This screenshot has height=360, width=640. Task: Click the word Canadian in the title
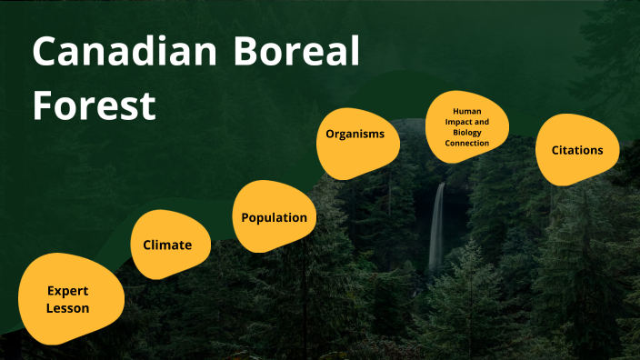(118, 54)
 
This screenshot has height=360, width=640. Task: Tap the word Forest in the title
(94, 105)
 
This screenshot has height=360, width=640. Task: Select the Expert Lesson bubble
(70, 299)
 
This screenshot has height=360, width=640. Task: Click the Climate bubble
(167, 245)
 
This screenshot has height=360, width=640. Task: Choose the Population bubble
(274, 217)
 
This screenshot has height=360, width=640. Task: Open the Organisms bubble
(356, 134)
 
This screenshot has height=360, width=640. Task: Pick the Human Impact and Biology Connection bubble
(471, 126)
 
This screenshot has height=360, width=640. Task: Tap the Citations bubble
(576, 149)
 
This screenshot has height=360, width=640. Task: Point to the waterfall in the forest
(437, 227)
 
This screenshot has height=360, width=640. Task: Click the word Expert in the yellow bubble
(69, 291)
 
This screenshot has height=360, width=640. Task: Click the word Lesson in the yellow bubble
(69, 308)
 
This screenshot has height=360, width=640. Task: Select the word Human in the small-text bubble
(471, 110)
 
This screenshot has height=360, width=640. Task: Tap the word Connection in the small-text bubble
(471, 143)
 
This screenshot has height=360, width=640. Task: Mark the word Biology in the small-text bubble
(471, 132)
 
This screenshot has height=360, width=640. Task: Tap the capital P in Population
(245, 217)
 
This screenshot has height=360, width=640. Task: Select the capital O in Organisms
(331, 134)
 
